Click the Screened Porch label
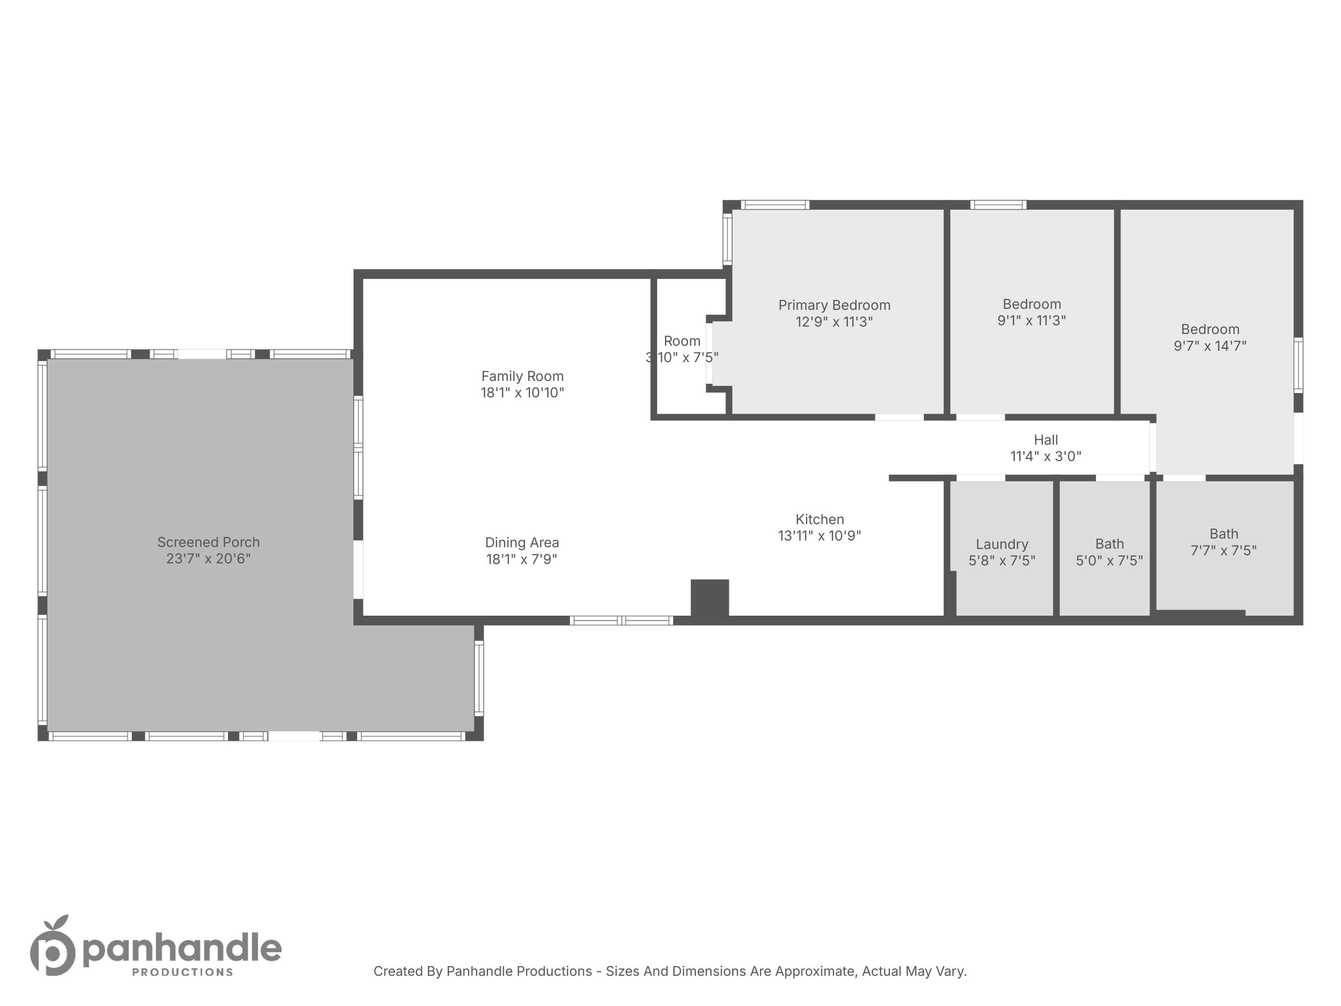209,542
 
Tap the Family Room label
523,376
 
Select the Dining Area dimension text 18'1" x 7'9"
522,559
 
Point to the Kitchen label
820,520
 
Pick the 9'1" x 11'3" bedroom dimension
1032,321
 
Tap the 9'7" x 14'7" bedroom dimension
1210,346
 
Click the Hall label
1046,440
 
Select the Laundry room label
1002,545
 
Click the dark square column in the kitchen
710,599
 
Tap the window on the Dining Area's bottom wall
621,620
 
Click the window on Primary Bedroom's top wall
776,205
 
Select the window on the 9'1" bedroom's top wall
999,205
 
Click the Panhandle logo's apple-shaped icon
53,945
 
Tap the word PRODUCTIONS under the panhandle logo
182,972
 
